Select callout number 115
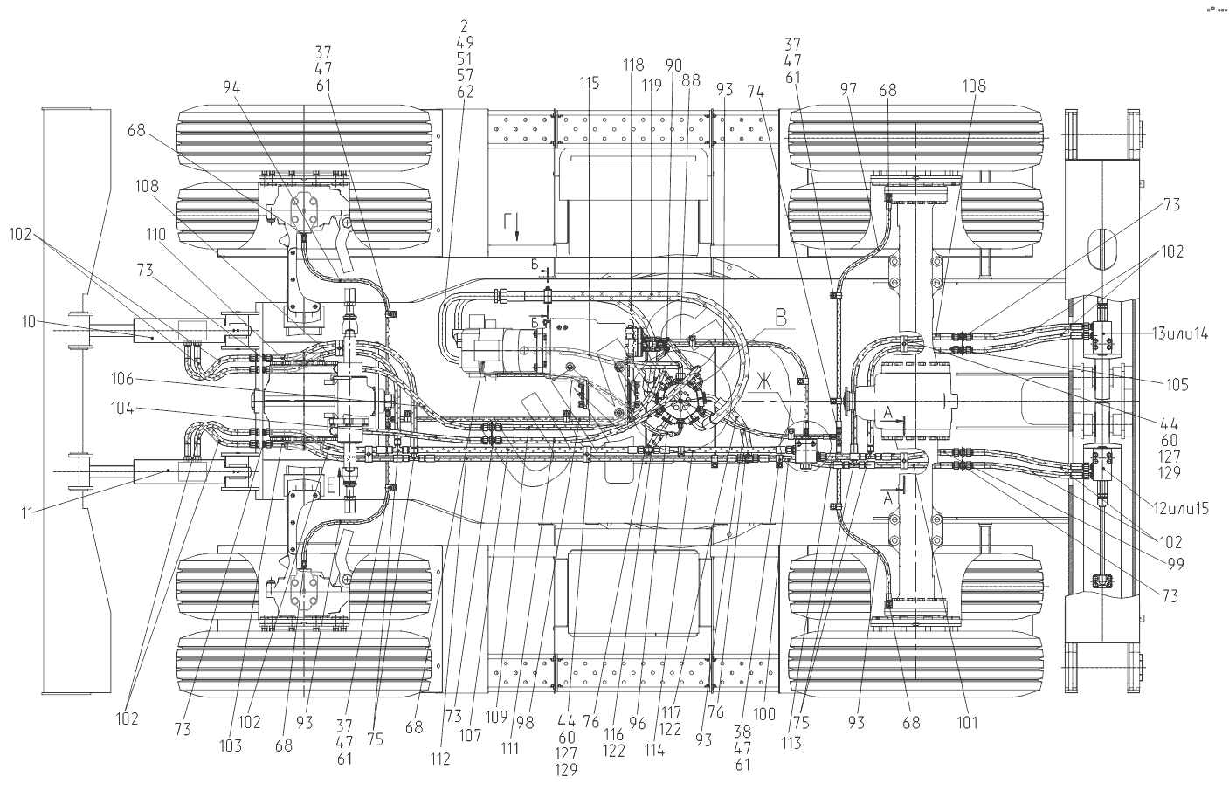pos(590,83)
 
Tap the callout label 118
pos(633,65)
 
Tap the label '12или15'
pos(1177,509)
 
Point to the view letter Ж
pos(765,380)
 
